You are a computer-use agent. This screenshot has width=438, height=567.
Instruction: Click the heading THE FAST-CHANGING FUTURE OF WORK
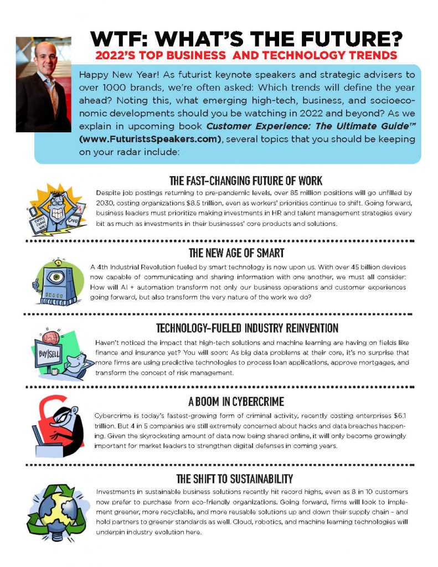click(245, 181)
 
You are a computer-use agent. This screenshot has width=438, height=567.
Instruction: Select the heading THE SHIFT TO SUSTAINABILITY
click(234, 478)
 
